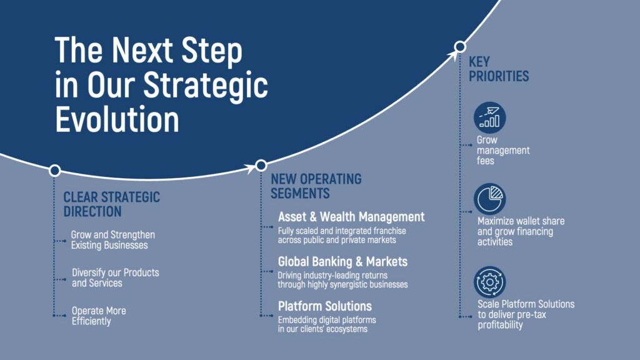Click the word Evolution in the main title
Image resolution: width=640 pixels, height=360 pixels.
(117, 119)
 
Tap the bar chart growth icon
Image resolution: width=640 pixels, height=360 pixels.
(490, 117)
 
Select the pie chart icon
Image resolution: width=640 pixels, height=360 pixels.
(490, 199)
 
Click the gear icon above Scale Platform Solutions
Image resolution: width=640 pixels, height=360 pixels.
(490, 282)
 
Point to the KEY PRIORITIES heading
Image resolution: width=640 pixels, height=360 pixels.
(498, 69)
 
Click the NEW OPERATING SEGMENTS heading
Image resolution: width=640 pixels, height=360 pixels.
(316, 186)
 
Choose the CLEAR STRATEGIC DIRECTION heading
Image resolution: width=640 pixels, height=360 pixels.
(111, 204)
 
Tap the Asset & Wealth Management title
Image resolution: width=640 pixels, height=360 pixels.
(351, 217)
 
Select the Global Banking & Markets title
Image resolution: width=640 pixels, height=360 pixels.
(342, 262)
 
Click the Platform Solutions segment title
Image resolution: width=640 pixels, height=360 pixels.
(325, 306)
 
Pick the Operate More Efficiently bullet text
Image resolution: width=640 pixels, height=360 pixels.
(99, 316)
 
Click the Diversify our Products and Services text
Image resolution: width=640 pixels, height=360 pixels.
(116, 277)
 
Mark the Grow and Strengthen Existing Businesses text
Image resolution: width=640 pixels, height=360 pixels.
(113, 240)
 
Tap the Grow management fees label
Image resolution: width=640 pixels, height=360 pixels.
(503, 150)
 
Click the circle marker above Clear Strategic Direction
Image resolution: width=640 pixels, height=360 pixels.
(55, 170)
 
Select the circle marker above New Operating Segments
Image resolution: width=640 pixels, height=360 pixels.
(261, 165)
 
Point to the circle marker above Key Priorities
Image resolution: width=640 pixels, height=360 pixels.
(460, 47)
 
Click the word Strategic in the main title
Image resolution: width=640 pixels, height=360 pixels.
(205, 85)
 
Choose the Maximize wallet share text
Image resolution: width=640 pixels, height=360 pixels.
(521, 221)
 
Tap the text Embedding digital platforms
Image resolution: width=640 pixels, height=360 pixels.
(327, 319)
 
